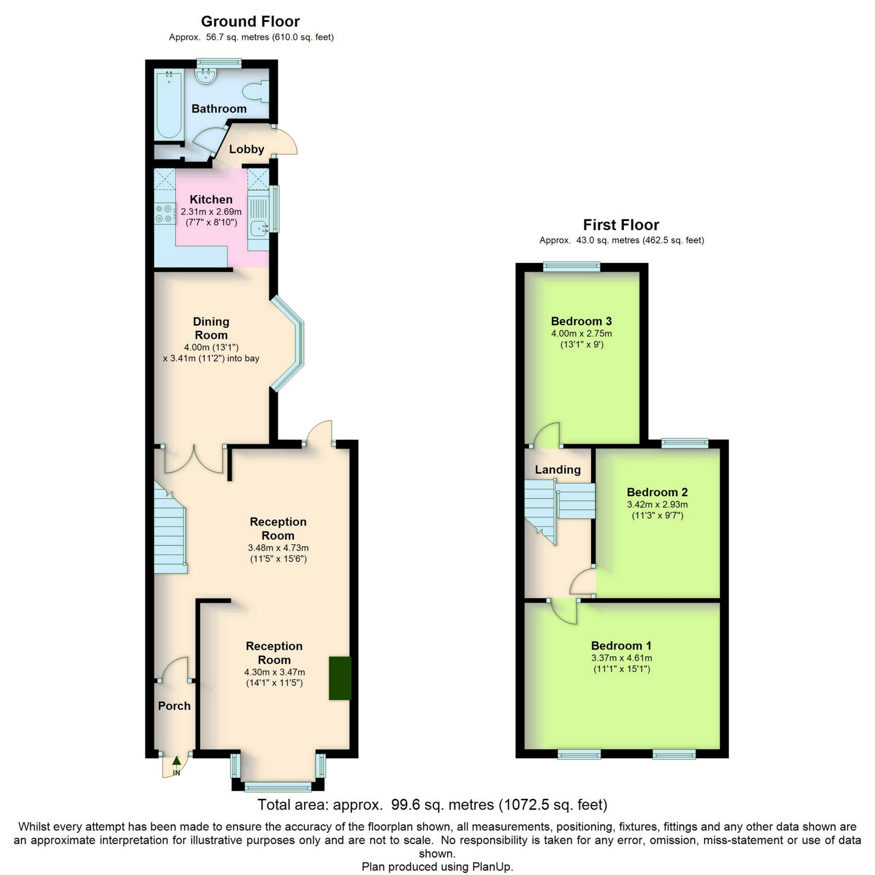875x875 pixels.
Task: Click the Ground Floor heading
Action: click(x=250, y=21)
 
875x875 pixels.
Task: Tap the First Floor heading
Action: click(x=621, y=225)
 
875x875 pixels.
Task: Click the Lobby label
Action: click(x=247, y=149)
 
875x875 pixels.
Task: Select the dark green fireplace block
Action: click(x=340, y=678)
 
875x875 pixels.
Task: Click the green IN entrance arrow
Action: click(x=176, y=761)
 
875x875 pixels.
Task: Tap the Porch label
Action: click(x=174, y=706)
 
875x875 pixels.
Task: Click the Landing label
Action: click(x=557, y=469)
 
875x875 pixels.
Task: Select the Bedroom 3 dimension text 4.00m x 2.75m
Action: click(x=582, y=333)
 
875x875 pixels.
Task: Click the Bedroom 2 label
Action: click(x=657, y=492)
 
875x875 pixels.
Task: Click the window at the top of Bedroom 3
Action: click(x=571, y=267)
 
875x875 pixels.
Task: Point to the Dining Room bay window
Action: click(x=292, y=344)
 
